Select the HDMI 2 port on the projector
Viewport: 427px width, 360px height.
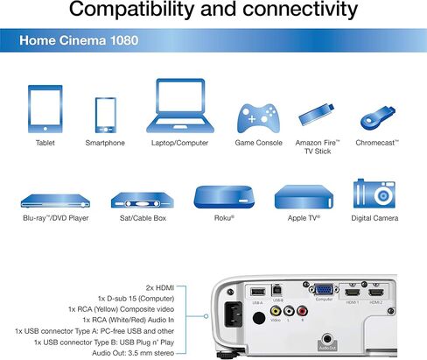[376, 293]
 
